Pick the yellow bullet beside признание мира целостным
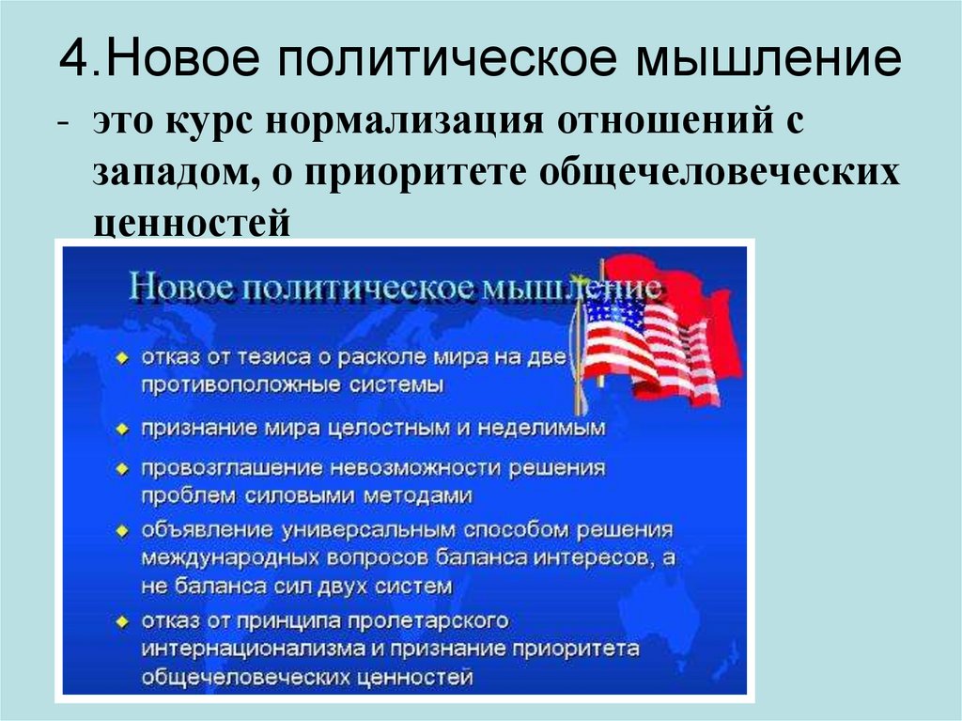tap(123, 428)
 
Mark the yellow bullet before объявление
tap(123, 531)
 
